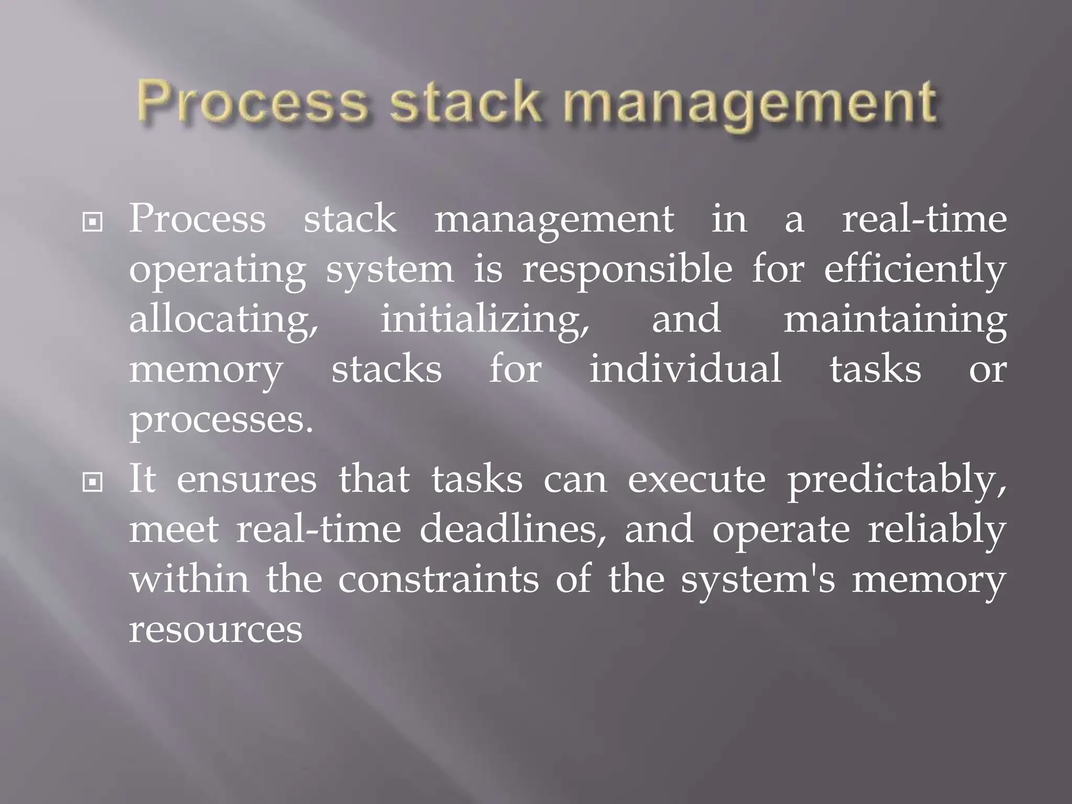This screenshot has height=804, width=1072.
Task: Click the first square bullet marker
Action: (x=93, y=223)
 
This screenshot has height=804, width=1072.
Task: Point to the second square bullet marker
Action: (x=93, y=482)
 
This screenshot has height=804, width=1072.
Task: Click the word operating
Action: (x=217, y=271)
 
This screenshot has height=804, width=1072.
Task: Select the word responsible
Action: (x=627, y=271)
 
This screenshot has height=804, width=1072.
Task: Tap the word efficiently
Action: (x=915, y=271)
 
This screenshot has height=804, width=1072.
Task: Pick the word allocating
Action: (x=224, y=320)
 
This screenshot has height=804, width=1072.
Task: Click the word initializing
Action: (x=485, y=320)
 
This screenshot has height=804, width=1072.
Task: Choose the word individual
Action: (x=685, y=368)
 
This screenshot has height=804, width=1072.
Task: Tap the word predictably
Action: (x=897, y=481)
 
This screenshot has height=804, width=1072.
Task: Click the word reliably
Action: (x=937, y=530)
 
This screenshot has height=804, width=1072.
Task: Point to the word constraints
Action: (x=438, y=579)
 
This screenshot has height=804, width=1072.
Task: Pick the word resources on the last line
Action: (x=216, y=630)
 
